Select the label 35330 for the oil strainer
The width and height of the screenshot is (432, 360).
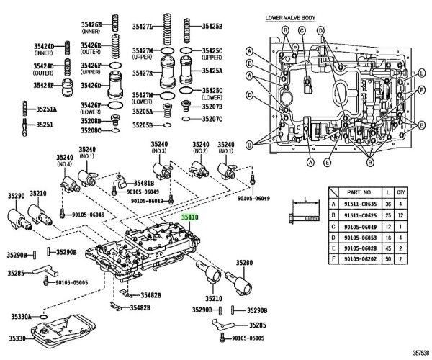coord(19,338)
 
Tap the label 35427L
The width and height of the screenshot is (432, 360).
coord(143,26)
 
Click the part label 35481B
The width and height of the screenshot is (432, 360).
coord(143,183)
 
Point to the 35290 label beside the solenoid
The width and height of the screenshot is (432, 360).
coord(16,195)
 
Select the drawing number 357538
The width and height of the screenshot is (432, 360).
coord(417,354)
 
